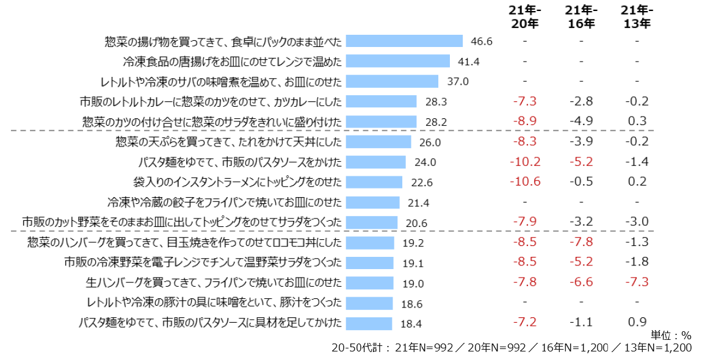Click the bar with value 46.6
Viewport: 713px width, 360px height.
point(404,41)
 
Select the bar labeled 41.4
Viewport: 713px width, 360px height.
point(397,61)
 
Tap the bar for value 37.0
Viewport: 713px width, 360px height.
point(392,81)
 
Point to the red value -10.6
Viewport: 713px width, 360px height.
point(525,181)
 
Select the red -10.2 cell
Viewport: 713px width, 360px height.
point(525,162)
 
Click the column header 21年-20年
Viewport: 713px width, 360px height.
point(525,17)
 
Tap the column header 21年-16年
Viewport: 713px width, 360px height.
point(581,17)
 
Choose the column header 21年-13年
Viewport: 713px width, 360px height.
point(637,17)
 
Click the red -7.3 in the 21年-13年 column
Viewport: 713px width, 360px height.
point(637,282)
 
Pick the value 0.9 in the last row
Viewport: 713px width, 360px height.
point(637,322)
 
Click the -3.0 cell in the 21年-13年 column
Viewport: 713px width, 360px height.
point(637,221)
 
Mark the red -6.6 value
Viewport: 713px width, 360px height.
point(581,282)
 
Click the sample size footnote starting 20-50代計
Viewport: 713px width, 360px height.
point(512,348)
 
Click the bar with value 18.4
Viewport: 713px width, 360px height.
point(369,323)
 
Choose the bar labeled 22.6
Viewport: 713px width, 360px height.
point(374,182)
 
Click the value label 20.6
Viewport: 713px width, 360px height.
point(416,223)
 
